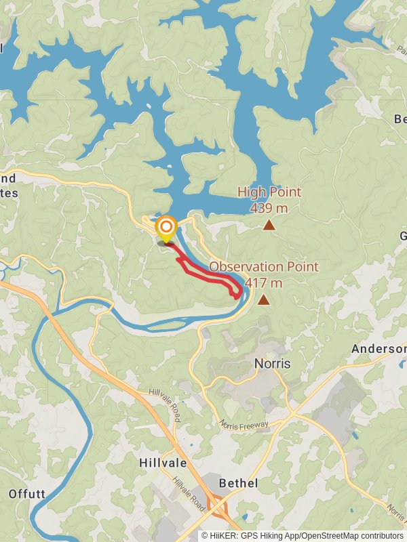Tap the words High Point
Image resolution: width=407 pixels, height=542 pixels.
point(269,192)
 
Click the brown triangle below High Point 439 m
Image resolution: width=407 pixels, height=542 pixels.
point(269,225)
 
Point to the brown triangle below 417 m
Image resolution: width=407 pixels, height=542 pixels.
point(263,299)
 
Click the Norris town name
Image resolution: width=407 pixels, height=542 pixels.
point(272,364)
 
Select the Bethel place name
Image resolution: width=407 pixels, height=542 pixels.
point(238,483)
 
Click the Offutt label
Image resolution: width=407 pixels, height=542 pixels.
point(27,494)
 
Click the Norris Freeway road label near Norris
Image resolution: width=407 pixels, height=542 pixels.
point(244,425)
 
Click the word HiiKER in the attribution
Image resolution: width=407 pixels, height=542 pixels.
point(223,535)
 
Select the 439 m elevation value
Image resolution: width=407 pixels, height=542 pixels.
point(269,207)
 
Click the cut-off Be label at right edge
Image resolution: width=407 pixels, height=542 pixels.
point(400,119)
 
